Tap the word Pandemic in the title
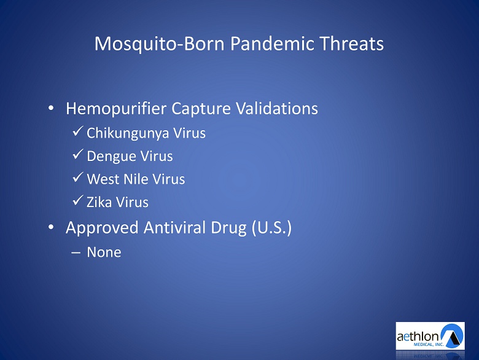pyautogui.click(x=272, y=44)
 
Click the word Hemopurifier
pyautogui.click(x=116, y=109)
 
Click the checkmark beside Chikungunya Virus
pyautogui.click(x=78, y=131)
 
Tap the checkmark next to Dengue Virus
pyautogui.click(x=78, y=154)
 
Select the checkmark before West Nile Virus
pyautogui.click(x=78, y=177)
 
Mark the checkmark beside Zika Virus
pyautogui.click(x=78, y=200)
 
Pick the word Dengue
pyautogui.click(x=111, y=157)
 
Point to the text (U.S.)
pyautogui.click(x=271, y=228)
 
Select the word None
pyautogui.click(x=104, y=252)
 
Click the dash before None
pyautogui.click(x=76, y=253)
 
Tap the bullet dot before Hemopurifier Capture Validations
pyautogui.click(x=51, y=108)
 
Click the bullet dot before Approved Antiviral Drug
pyautogui.click(x=51, y=227)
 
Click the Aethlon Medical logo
pyautogui.click(x=430, y=336)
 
